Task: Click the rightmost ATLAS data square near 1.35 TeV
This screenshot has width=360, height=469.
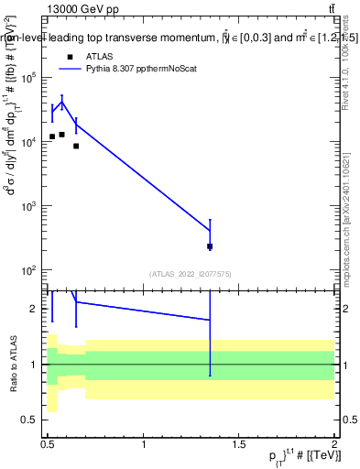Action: [210, 246]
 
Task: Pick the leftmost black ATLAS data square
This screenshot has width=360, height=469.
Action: [52, 136]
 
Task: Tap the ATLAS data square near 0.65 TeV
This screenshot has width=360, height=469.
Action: [76, 146]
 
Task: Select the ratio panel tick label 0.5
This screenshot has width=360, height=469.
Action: [32, 420]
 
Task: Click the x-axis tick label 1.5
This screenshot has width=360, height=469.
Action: [239, 444]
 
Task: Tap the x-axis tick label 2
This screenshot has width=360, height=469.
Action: [334, 444]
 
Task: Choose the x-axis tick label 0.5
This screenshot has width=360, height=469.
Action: [48, 444]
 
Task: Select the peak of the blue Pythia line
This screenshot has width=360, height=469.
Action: [61, 101]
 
